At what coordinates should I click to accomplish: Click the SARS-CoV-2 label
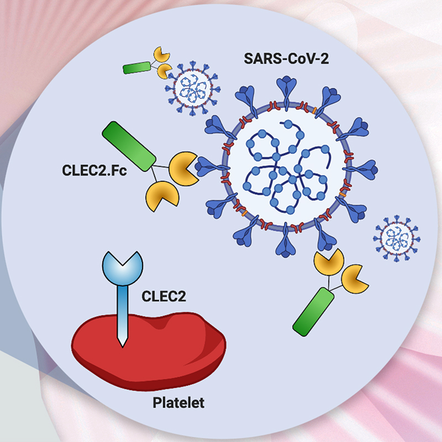click(282, 59)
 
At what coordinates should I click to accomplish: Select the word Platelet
click(178, 403)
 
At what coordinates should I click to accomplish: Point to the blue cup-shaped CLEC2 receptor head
click(122, 262)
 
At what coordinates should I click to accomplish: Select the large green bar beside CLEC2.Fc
click(128, 146)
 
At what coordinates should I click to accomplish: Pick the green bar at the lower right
click(313, 312)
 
